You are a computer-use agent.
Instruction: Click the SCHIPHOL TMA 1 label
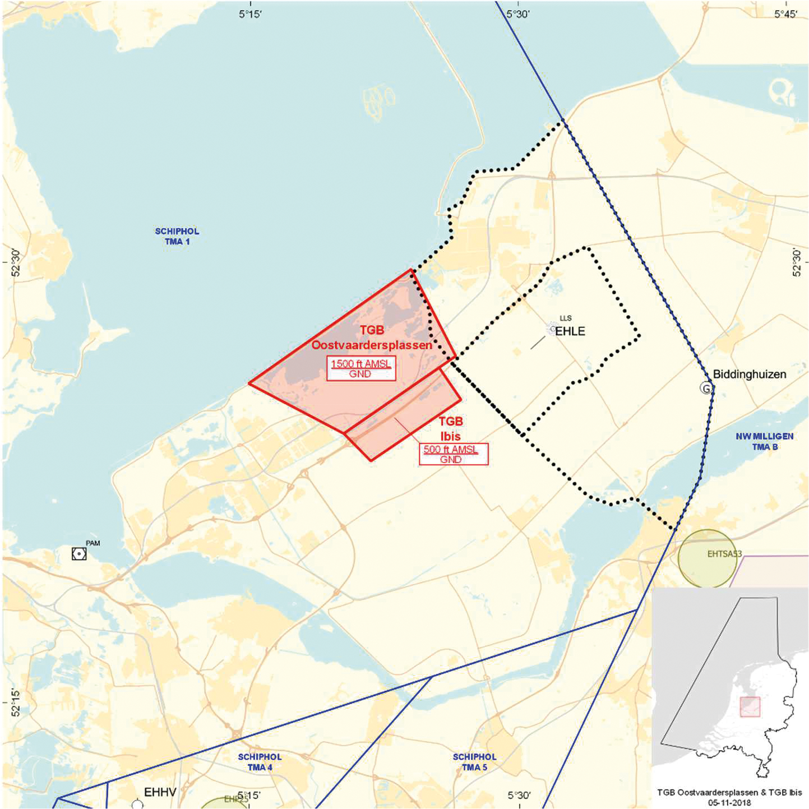(177, 236)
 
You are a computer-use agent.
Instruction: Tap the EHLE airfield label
(570, 331)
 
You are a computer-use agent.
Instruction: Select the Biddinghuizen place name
(750, 374)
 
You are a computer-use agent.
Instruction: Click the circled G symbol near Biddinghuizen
(706, 388)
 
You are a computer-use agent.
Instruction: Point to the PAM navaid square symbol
(79, 554)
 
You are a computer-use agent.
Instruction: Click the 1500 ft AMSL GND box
(361, 368)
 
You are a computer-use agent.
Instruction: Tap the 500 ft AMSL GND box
(453, 454)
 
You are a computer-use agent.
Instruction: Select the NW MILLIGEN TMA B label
(765, 441)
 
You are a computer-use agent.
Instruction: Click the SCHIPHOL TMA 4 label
(260, 762)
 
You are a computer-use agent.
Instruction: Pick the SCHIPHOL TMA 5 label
(474, 762)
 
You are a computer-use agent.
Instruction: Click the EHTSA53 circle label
(724, 554)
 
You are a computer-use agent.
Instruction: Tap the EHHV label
(160, 792)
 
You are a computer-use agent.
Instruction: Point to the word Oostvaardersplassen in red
(372, 345)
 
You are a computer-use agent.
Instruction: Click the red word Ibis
(450, 436)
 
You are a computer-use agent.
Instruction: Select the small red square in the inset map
(750, 706)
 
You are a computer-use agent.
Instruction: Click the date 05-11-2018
(729, 803)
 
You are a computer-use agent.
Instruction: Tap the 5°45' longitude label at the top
(785, 14)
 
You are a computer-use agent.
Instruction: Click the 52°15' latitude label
(15, 703)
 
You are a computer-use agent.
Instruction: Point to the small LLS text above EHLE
(565, 318)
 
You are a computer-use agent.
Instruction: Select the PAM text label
(93, 543)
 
